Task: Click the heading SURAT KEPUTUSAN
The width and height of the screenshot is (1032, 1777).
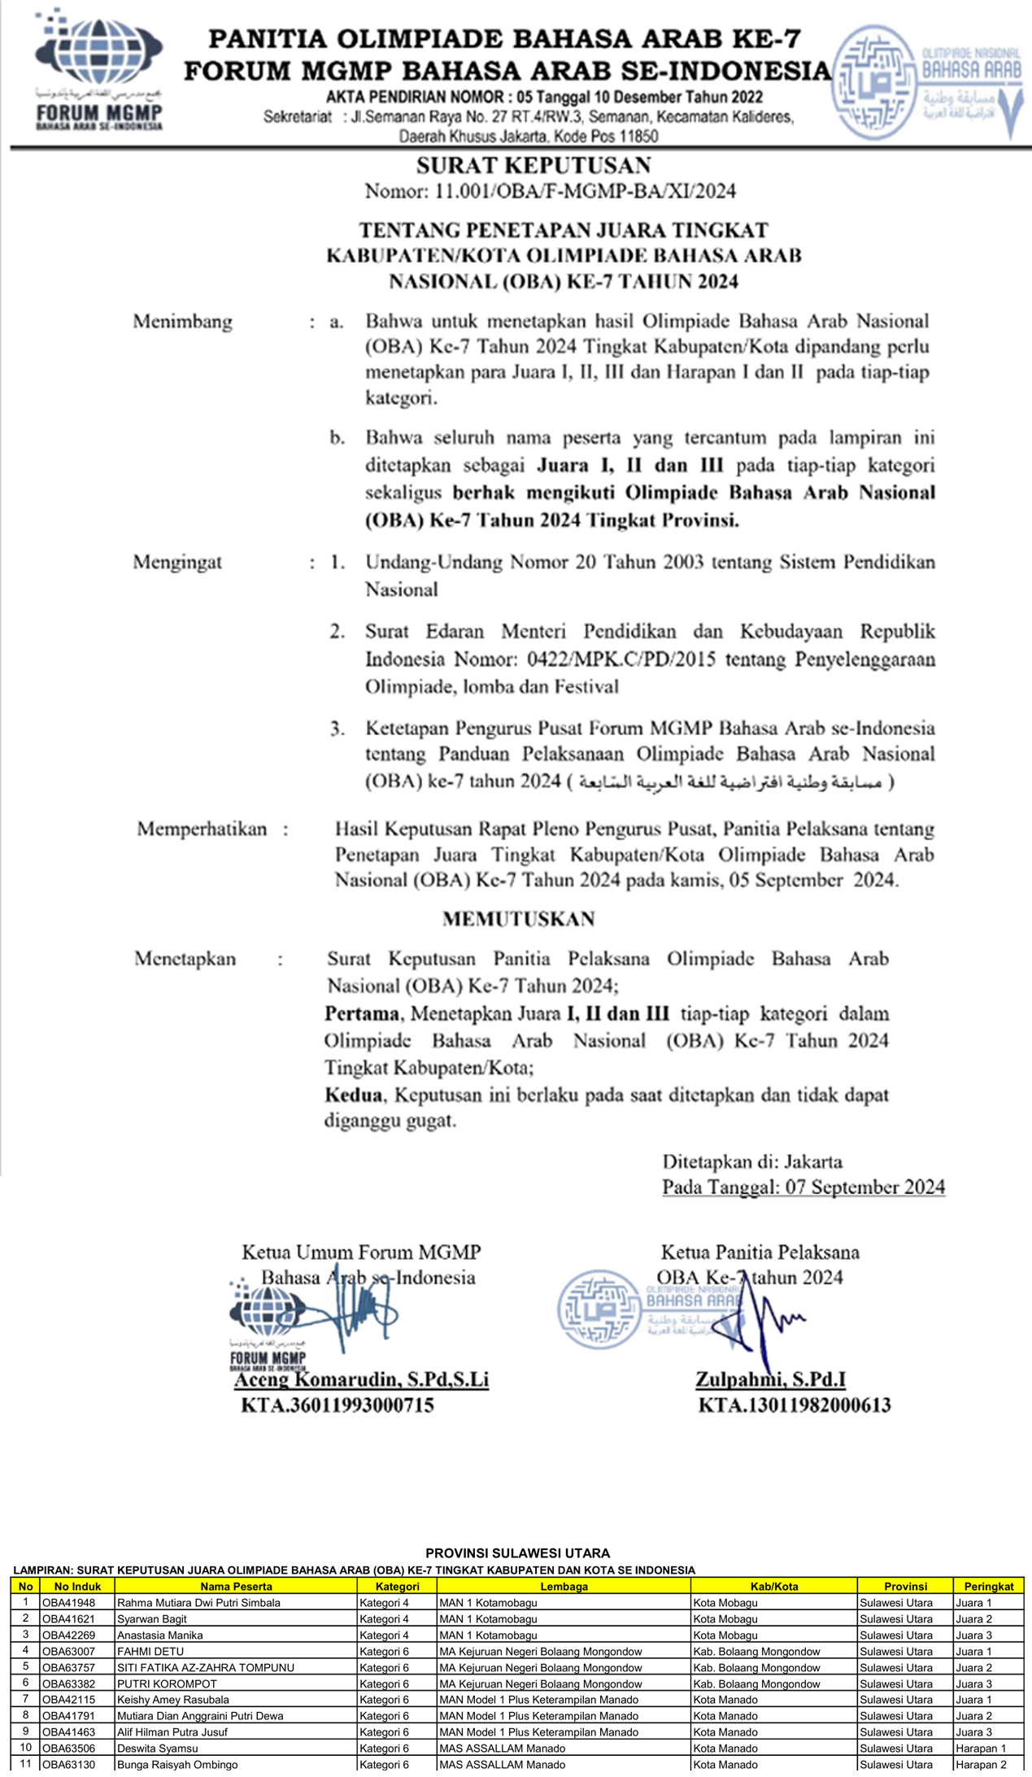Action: (x=533, y=166)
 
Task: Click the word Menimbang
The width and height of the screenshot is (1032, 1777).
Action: (x=183, y=322)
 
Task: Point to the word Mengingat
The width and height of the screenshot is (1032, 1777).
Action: (x=177, y=563)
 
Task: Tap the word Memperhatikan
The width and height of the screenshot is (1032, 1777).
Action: (x=202, y=830)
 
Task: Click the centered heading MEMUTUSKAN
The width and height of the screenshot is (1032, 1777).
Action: (x=519, y=920)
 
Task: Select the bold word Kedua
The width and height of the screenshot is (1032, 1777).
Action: (x=354, y=1095)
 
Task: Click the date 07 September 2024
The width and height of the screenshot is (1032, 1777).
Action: (x=864, y=1187)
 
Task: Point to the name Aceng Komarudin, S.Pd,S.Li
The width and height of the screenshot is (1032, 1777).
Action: (x=362, y=1379)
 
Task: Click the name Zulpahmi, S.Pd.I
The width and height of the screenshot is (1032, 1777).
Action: (x=770, y=1379)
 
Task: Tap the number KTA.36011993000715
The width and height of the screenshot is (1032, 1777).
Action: (x=337, y=1405)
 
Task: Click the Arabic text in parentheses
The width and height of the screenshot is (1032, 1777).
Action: (x=730, y=782)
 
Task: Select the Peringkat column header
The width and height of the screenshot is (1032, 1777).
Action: (x=988, y=1586)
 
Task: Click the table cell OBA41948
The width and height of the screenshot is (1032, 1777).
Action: (x=69, y=1602)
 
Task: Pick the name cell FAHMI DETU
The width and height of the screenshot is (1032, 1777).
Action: (x=151, y=1651)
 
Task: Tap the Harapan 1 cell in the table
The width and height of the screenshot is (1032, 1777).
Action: (x=981, y=1748)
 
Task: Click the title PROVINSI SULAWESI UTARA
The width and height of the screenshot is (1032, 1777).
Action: (x=517, y=1553)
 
